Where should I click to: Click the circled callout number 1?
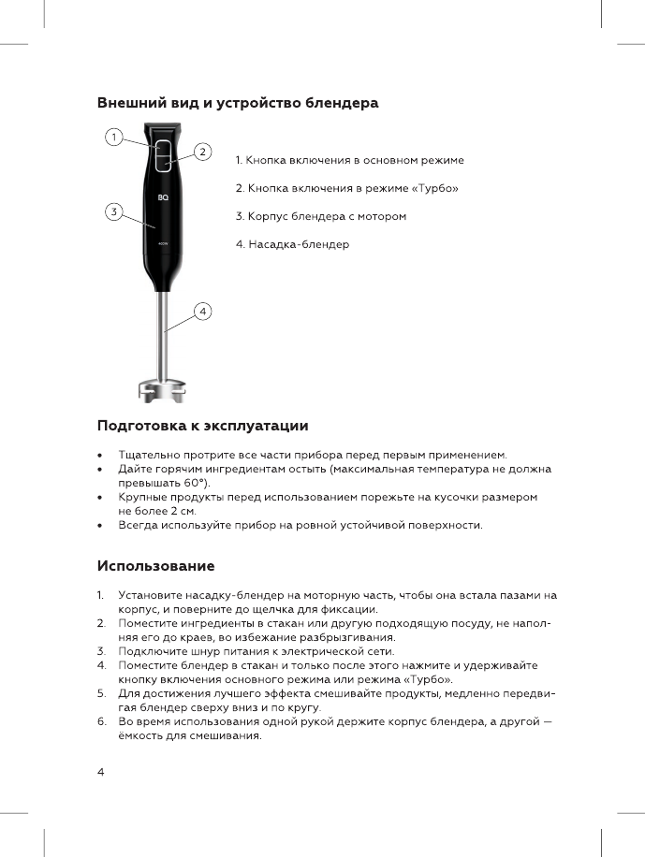112,137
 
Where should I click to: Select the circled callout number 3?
112,211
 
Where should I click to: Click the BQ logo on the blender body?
162,197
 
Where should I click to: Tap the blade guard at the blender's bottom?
161,389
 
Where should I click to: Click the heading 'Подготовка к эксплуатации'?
203,427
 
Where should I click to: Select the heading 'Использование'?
156,566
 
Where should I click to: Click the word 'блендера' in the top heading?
343,103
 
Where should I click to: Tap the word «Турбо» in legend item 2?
433,188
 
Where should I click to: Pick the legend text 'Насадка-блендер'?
299,244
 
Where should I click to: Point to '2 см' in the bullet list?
181,512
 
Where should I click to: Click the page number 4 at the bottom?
101,772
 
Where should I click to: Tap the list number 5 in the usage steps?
100,693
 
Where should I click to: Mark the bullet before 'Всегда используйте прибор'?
100,526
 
